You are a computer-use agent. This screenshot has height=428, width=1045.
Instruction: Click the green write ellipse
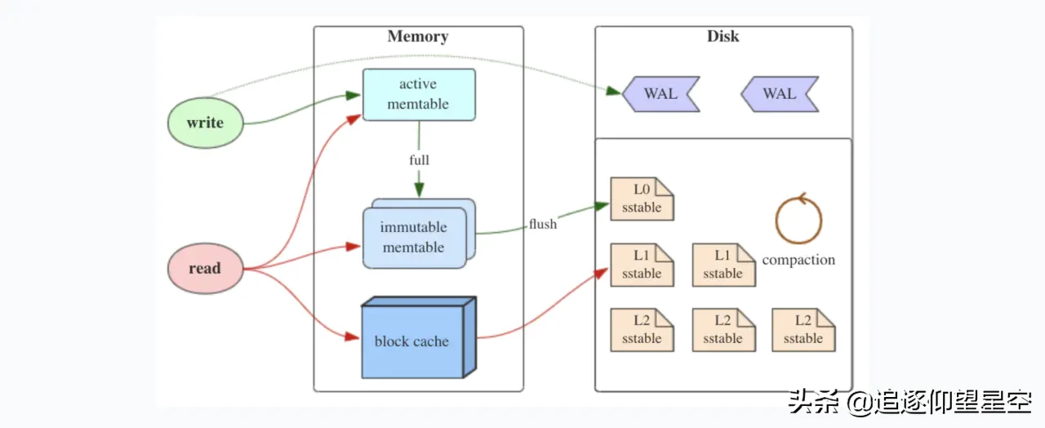coord(205,123)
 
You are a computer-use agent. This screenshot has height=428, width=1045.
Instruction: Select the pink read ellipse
coord(205,268)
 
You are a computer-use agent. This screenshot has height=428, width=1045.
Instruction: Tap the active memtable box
coord(418,95)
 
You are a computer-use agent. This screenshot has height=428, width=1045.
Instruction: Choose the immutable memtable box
coord(414,238)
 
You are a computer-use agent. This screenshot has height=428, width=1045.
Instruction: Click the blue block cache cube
coord(412,341)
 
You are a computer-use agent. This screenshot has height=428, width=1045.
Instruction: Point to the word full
coord(419,160)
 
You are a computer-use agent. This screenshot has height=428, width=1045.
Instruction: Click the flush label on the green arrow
coord(543,224)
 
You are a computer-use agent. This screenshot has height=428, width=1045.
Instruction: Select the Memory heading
coord(418,37)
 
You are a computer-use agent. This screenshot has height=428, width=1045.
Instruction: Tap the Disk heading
coord(723,37)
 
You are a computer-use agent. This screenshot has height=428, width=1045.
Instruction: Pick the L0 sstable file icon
coord(642,199)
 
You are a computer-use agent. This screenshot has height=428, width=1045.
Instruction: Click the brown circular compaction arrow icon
coord(798,220)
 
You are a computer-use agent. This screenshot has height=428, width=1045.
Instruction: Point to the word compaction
coord(798,260)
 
